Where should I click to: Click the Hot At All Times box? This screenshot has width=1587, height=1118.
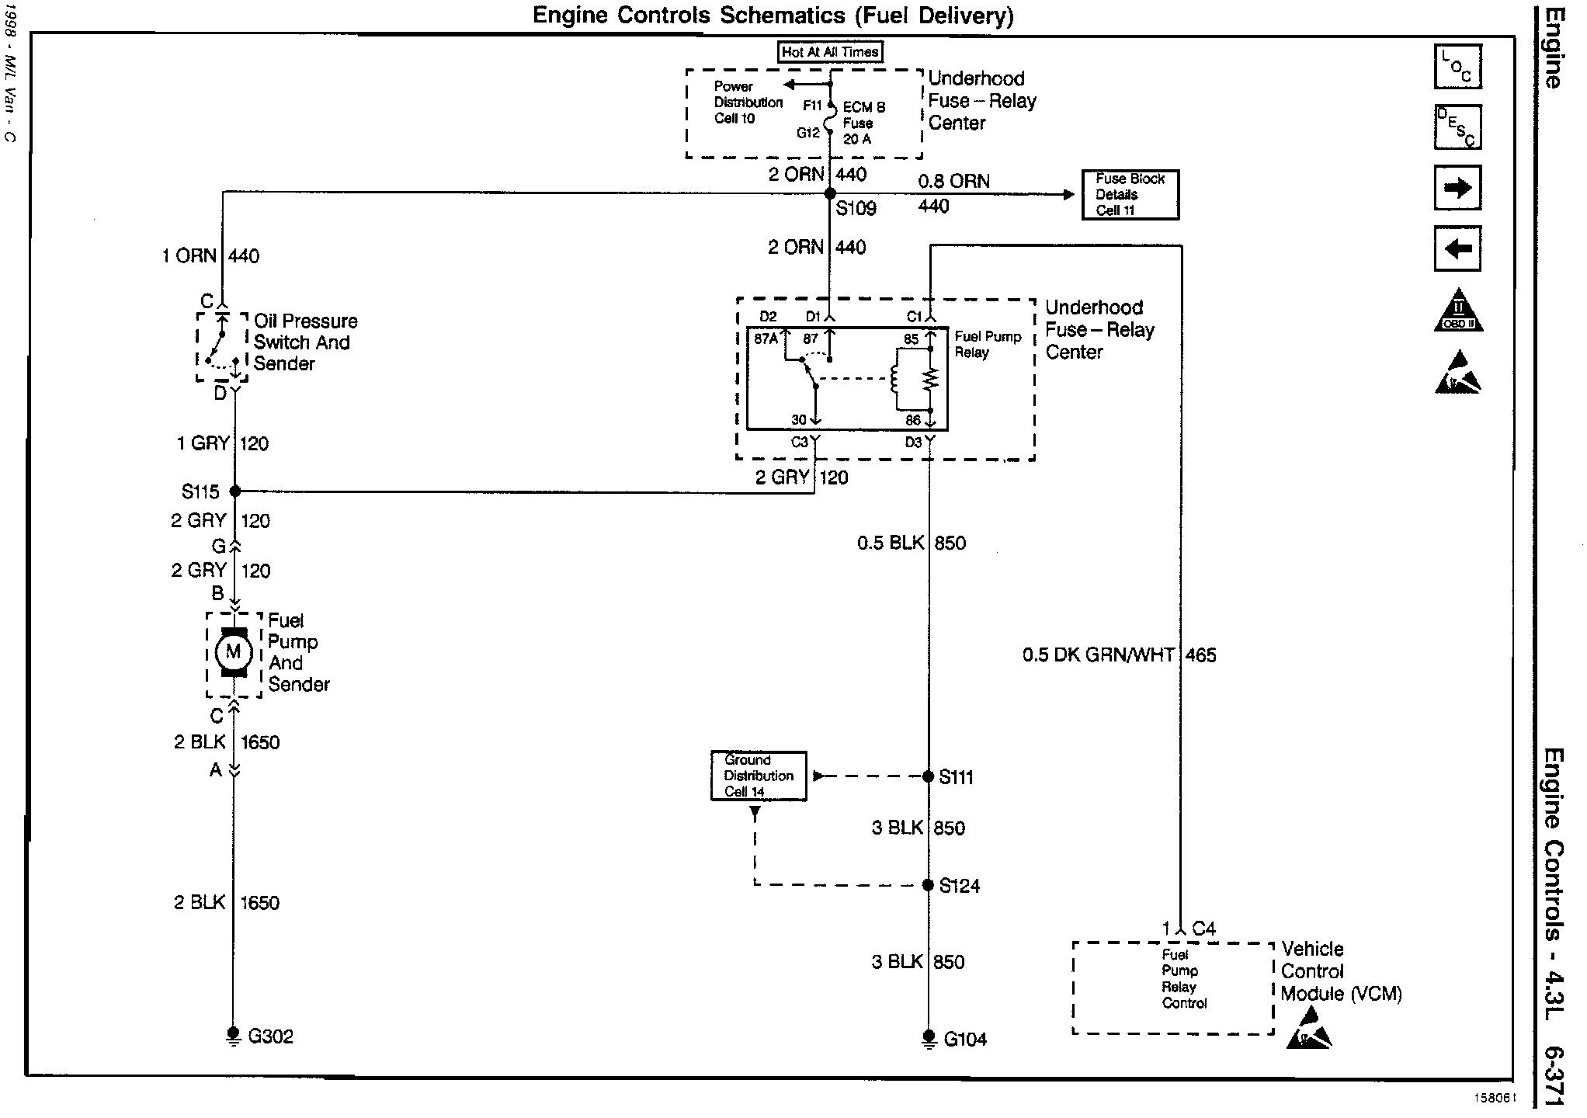coord(830,52)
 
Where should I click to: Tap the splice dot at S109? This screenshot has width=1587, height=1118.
coord(829,193)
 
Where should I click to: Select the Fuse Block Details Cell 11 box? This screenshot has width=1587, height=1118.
coord(1130,195)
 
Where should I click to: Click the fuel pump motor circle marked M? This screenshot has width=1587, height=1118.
coord(234,652)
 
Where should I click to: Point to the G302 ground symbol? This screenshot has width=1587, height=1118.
coord(233,1036)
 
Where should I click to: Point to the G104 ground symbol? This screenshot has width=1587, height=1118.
coord(929,1039)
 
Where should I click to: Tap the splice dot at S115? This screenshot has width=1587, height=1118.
coord(235,491)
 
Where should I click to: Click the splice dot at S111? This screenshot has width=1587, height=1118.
coord(928,776)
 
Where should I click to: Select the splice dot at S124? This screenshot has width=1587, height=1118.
coord(928,885)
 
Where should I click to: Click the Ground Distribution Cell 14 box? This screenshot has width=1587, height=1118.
coord(759,776)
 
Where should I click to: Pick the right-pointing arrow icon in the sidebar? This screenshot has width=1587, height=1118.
coord(1457,188)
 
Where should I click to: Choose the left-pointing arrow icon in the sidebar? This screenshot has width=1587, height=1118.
coord(1457,248)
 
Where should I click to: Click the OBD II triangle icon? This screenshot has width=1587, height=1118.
coord(1458,312)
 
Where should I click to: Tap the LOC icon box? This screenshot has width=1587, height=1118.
coord(1457,67)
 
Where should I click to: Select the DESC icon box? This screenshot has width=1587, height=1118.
coord(1457,127)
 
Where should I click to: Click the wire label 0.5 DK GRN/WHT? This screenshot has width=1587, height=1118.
coord(1099,655)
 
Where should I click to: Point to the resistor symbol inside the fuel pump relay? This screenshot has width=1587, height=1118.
coord(930,380)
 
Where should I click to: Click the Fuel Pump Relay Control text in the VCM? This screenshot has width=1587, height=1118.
coord(1183,979)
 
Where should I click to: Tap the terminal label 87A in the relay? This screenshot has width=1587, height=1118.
coord(766,339)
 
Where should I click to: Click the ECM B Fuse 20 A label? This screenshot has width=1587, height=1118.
coord(863,123)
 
